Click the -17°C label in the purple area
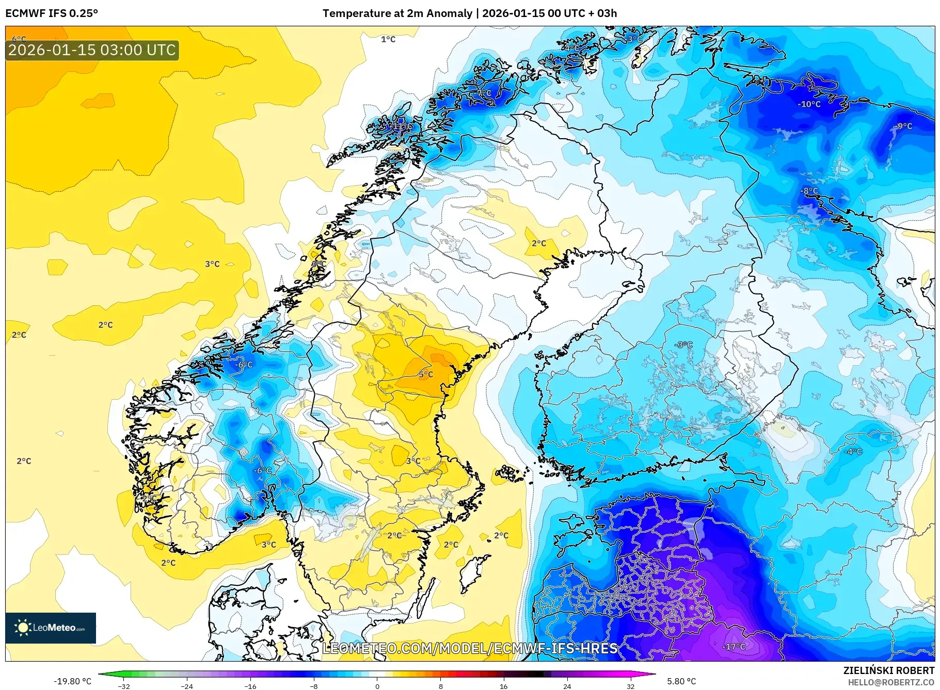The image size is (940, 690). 734,647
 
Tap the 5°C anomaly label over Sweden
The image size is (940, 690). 426,374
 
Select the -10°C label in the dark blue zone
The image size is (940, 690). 809,104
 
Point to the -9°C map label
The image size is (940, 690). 904,126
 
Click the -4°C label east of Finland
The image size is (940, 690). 853,451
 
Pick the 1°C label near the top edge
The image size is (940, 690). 388,39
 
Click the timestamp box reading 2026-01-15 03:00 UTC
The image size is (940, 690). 92,50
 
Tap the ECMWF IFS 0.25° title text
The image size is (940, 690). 52,13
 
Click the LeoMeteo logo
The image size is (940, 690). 51,628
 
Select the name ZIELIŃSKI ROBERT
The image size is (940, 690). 888,670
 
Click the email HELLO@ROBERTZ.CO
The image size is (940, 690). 891,682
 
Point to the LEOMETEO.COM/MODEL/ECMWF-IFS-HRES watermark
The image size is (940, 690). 470,648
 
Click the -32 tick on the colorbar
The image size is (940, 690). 124,686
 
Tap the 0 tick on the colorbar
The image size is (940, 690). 377,686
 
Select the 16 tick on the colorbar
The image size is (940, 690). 503,686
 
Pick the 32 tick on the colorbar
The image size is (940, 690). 630,686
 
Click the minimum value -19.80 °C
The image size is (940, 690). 72,681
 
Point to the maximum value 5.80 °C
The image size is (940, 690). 681,681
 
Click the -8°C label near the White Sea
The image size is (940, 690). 809,191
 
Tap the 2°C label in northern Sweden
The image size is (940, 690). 539,243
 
